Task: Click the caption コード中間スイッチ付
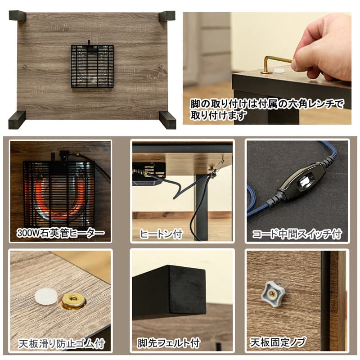click(x=297, y=234)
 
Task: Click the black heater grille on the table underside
click(x=92, y=66)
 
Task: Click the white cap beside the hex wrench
click(x=280, y=71)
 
